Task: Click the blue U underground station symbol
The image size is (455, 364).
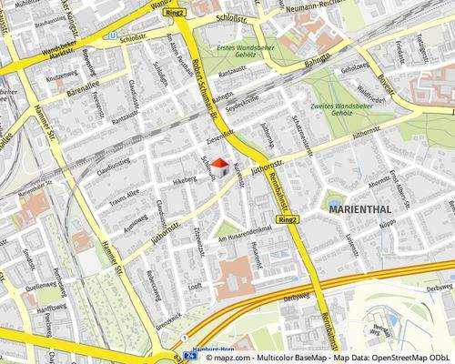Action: pos(113,36)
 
